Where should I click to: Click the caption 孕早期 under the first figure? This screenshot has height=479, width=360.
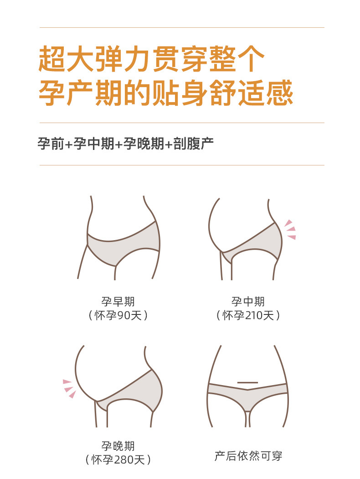[x=118, y=302]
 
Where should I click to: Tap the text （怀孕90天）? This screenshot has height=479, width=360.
[x=118, y=315]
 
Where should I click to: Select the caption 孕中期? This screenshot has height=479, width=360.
[x=248, y=302]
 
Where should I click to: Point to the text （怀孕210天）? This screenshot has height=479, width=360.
[x=248, y=315]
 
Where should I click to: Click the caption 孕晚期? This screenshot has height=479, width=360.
[x=118, y=446]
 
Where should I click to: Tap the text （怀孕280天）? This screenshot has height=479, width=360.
[x=118, y=460]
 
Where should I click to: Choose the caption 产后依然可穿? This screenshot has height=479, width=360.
[x=248, y=456]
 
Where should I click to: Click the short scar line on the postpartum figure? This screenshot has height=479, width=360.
[x=247, y=382]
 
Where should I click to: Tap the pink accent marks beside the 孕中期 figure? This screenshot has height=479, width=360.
[x=290, y=229]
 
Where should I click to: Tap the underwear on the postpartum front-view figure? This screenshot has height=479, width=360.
[x=247, y=394]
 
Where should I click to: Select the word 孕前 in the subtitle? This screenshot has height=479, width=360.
[x=51, y=143]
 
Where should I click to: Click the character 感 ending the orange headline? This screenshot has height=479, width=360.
[x=279, y=93]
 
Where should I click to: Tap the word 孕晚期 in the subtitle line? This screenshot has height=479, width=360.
[x=144, y=143]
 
